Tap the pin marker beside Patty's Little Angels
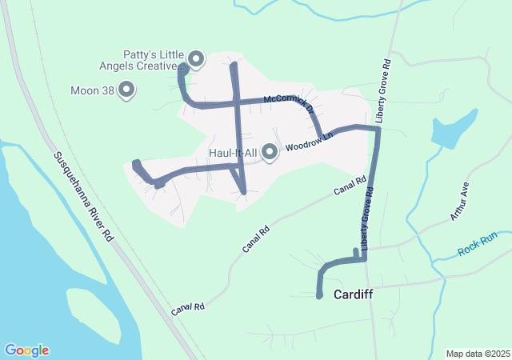pyautogui.click(x=195, y=58)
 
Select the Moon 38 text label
pyautogui.click(x=91, y=90)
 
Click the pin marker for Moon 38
pyautogui.click(x=126, y=90)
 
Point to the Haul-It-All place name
pyautogui.click(x=231, y=152)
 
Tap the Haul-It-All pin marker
pyautogui.click(x=269, y=151)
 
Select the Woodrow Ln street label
pyautogui.click(x=308, y=142)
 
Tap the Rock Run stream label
pyautogui.click(x=478, y=244)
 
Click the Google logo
pyautogui.click(x=26, y=350)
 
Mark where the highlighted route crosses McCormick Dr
pyautogui.click(x=237, y=102)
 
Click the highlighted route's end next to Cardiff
pyautogui.click(x=319, y=297)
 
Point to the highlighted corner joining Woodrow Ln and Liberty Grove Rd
pyautogui.click(x=377, y=128)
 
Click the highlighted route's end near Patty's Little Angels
pyautogui.click(x=182, y=67)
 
